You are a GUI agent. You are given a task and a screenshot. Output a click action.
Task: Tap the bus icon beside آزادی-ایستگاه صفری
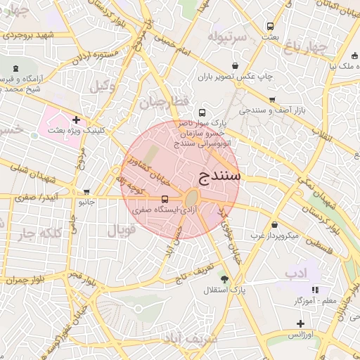(165, 199)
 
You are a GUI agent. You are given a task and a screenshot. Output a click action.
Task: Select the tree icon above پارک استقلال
(224, 278)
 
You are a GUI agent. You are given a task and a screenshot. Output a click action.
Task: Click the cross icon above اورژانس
(300, 323)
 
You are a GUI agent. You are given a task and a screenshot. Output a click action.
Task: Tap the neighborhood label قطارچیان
(164, 103)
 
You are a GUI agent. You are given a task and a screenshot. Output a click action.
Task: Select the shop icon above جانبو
(86, 191)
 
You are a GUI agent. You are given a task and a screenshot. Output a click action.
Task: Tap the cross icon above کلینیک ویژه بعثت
(76, 120)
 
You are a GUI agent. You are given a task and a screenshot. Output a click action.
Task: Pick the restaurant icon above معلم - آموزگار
(315, 290)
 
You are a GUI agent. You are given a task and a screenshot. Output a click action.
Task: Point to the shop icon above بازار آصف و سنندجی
(272, 100)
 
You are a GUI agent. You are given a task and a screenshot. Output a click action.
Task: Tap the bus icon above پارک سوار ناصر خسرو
(202, 112)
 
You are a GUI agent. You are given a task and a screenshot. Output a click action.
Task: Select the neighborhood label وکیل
(101, 85)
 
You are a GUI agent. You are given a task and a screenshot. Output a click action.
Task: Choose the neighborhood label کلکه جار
(35, 233)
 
